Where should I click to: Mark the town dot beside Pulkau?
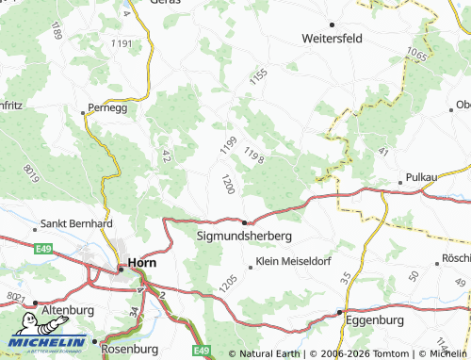point(400,178)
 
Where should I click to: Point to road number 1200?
point(227,184)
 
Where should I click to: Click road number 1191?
point(122,44)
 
